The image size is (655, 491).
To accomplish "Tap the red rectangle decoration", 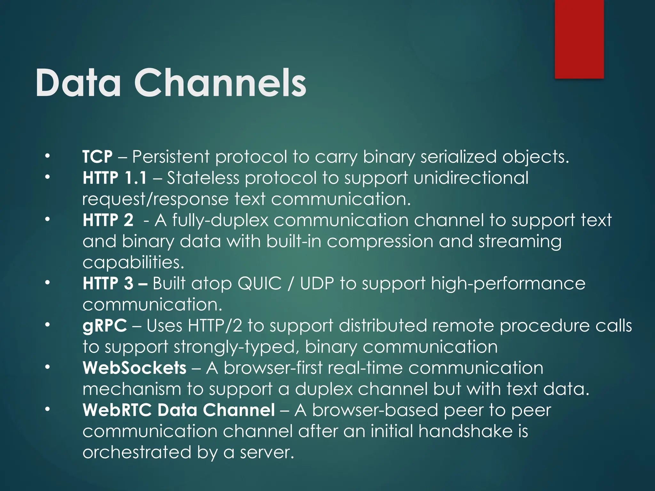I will click(579, 39).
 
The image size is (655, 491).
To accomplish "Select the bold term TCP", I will click(98, 157).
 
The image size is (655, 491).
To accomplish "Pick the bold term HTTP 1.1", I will click(115, 178).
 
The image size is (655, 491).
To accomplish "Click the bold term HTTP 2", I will click(108, 220).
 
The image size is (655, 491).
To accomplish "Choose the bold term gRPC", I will click(105, 326).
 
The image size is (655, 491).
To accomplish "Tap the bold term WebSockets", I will click(134, 368).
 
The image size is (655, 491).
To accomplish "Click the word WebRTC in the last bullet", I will click(117, 410).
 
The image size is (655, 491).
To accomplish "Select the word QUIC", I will click(260, 284).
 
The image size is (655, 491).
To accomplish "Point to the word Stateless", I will click(203, 178).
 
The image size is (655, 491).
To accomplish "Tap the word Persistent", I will click(171, 157).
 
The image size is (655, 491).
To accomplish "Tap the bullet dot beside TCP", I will click(47, 156).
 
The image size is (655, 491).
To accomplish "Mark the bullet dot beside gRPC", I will click(47, 325).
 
